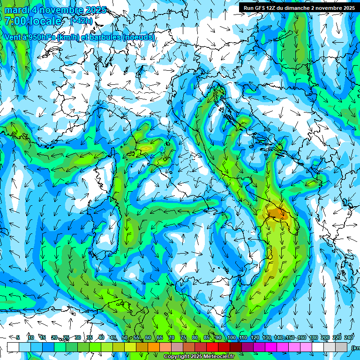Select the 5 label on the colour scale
click(18, 337)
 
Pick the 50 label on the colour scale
click(124, 337)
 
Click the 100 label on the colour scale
click(231, 337)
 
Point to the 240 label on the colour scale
click(349, 337)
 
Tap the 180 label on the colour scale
click(313, 337)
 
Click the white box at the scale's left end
click(13, 347)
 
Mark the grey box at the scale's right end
click(341, 347)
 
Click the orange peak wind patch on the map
click(276, 213)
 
